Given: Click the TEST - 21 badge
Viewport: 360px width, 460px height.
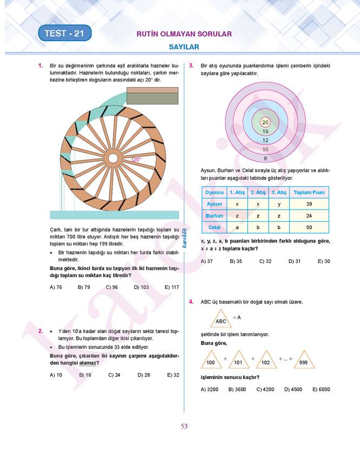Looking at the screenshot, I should [x=64, y=34].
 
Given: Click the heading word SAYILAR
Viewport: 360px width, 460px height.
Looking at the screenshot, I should [x=184, y=47].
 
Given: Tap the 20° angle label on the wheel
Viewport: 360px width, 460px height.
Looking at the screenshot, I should [x=136, y=159].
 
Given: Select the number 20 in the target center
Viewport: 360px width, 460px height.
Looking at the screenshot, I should [x=265, y=122].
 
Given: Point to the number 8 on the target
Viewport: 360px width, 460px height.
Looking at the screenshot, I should [x=265, y=159].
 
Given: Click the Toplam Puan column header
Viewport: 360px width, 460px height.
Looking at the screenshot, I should [x=309, y=192].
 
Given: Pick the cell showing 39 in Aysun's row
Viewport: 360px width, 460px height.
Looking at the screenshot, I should [x=309, y=204].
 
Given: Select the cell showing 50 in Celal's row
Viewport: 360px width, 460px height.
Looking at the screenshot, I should [x=309, y=227].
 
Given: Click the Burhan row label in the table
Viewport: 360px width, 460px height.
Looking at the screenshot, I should [x=214, y=215].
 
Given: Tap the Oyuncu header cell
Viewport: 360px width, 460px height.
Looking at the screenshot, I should [x=214, y=192].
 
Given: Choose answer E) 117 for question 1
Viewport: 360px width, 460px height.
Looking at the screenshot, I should [x=172, y=287].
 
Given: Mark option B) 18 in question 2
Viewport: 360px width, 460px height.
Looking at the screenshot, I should [x=85, y=374].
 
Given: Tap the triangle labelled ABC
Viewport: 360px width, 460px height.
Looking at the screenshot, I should [x=221, y=319].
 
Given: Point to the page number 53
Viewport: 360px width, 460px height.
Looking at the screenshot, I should [x=184, y=426].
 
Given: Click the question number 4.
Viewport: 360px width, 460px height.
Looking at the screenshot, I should [x=191, y=302].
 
